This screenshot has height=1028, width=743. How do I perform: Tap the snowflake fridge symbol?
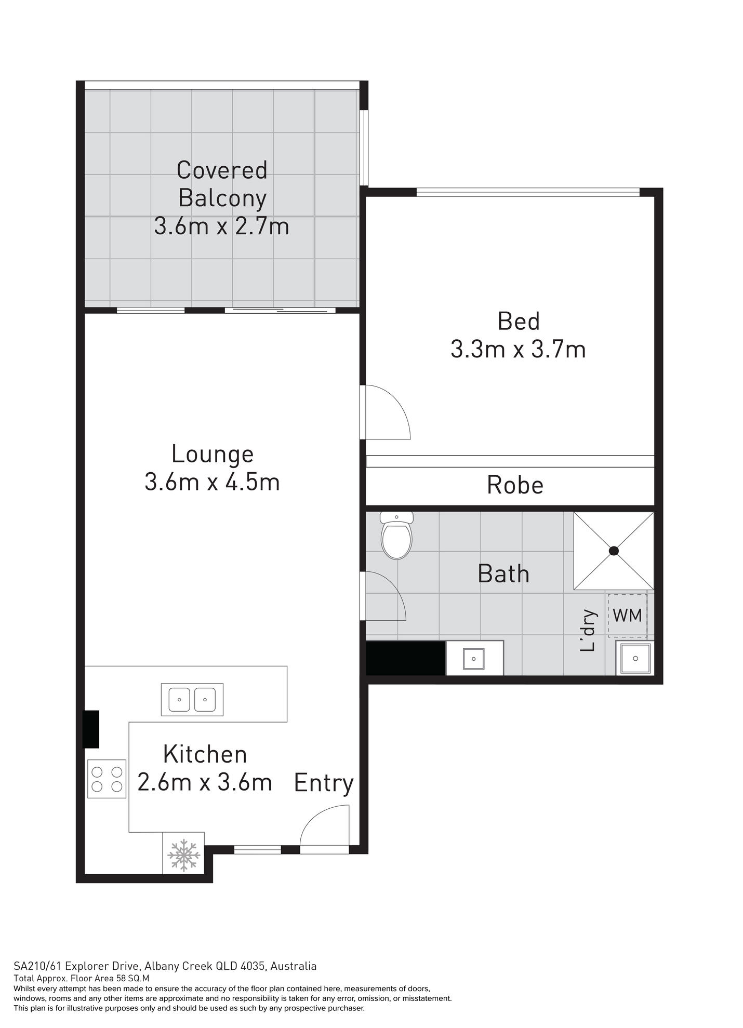[183, 853]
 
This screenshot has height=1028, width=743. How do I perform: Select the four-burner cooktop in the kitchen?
[107, 779]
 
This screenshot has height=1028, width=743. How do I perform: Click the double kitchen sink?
[192, 699]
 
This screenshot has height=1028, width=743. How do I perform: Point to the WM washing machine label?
[627, 616]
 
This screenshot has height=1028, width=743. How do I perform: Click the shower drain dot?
[614, 551]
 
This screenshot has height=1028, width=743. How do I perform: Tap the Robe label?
[515, 485]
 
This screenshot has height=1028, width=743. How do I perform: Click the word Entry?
[324, 782]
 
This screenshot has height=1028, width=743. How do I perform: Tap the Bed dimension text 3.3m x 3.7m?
[518, 349]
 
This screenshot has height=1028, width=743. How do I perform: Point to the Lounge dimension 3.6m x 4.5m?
[212, 482]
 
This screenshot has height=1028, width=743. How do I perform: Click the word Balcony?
[222, 198]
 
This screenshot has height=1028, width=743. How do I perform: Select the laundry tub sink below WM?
[635, 658]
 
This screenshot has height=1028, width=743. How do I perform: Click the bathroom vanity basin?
[474, 659]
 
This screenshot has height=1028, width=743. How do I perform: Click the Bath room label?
[503, 574]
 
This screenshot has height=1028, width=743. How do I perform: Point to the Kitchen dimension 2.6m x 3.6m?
[205, 782]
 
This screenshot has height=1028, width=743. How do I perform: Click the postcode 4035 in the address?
[255, 966]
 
